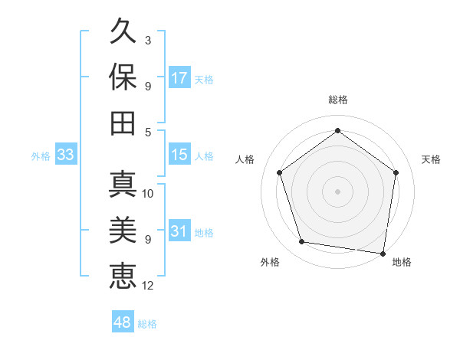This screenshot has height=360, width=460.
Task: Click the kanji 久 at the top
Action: pyautogui.click(x=123, y=32)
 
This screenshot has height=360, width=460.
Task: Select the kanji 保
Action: pyautogui.click(x=123, y=77)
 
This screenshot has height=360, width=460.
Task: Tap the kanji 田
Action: pyautogui.click(x=123, y=123)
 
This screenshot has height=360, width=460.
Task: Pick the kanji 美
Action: pyautogui.click(x=123, y=230)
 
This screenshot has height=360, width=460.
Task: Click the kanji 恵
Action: pyautogui.click(x=123, y=275)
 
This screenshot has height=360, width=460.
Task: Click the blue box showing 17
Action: pyautogui.click(x=179, y=78)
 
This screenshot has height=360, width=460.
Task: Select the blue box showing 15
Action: pyautogui.click(x=179, y=155)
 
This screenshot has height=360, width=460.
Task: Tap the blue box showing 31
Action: pyautogui.click(x=179, y=231)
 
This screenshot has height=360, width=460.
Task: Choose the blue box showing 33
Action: pyautogui.click(x=65, y=155)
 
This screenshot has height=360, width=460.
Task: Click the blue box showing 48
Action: pyautogui.click(x=122, y=322)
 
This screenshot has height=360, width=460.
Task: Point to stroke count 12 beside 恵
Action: pyautogui.click(x=149, y=286)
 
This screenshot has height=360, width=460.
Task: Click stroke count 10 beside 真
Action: pyautogui.click(x=149, y=194)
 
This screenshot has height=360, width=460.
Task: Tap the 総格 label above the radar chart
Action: pyautogui.click(x=338, y=100)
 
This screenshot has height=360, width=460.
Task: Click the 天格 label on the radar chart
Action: pyautogui.click(x=431, y=159)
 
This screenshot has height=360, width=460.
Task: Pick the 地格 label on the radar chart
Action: pyautogui.click(x=402, y=262)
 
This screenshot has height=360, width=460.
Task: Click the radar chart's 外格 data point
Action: pyautogui.click(x=303, y=242)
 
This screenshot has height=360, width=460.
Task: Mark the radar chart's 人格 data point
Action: pyautogui.click(x=280, y=173)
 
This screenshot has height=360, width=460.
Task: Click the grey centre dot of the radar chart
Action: pyautogui.click(x=338, y=191)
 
